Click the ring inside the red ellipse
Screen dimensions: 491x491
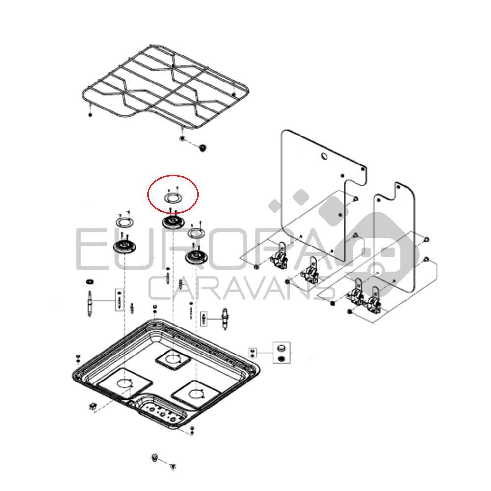pos(172,198)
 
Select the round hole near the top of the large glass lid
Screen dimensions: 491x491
pos(324,157)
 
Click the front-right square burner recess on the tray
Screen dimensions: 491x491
pos(195,392)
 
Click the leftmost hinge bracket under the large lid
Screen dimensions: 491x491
pos(281,256)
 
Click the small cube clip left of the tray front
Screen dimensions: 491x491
pos(92,406)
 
